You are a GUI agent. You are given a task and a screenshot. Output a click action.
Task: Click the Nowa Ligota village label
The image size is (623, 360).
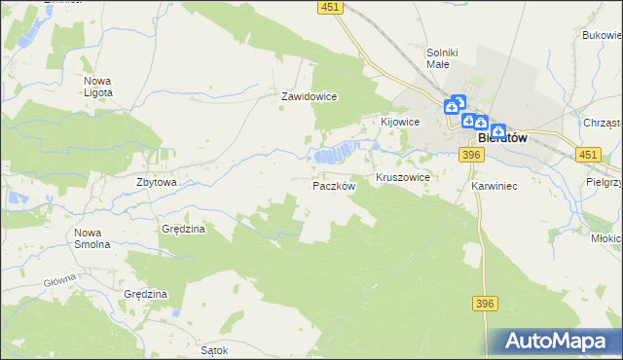98,87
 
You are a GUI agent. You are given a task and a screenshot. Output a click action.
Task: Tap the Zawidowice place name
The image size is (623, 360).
309,97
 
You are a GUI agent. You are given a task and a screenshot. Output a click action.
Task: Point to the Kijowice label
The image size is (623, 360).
399,122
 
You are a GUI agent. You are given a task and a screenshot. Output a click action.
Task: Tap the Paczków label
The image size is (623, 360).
334,185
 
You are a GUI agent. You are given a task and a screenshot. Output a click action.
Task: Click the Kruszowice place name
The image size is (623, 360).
403,179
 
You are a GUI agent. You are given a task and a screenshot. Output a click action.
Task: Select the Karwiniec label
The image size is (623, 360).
493,185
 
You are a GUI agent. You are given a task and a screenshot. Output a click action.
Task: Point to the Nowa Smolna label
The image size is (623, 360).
92,238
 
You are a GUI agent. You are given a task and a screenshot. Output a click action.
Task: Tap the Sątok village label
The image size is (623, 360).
213,349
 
